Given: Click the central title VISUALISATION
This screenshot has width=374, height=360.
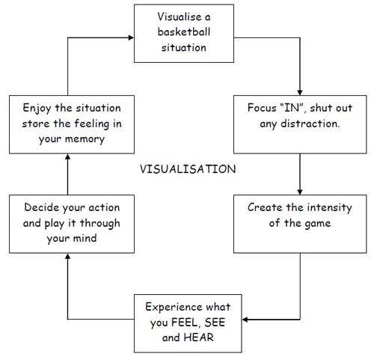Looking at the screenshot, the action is (188, 169).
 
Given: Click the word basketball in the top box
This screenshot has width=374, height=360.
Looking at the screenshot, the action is (184, 32).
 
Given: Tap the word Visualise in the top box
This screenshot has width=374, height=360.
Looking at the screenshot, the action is (180, 17).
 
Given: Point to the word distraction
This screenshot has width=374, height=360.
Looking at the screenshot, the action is (310, 123).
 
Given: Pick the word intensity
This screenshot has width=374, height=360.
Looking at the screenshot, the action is (329, 207).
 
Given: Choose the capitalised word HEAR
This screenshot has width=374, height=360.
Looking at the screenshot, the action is (198, 338).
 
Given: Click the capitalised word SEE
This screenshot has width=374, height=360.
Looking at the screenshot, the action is (215, 323).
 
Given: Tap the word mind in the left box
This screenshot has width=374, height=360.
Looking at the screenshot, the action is (84, 238).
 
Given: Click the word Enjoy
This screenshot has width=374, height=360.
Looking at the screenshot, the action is (37, 109).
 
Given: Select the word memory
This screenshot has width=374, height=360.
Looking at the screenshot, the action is (85, 140).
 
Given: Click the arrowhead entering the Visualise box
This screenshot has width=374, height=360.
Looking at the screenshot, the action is (131, 37).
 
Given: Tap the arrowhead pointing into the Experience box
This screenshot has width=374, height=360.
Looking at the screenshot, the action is (245, 320).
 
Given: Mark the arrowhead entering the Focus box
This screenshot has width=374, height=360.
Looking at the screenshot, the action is (300, 92).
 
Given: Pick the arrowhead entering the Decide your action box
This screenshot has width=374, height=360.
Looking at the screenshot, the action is (67, 256).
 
